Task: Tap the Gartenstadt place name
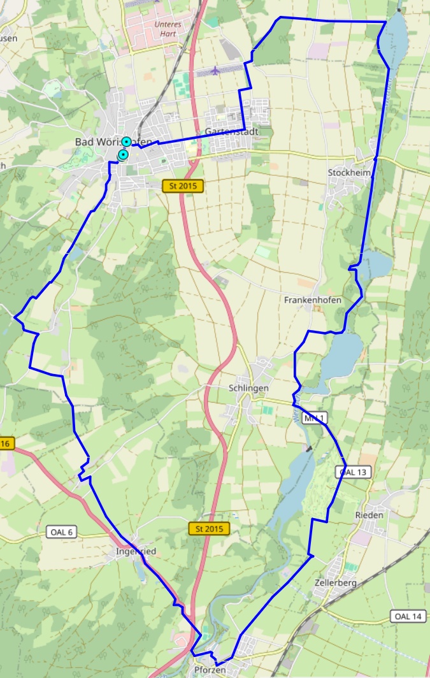pyautogui.click(x=231, y=132)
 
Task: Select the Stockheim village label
pyautogui.click(x=349, y=173)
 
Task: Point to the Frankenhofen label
pyautogui.click(x=313, y=300)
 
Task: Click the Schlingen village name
pyautogui.click(x=248, y=388)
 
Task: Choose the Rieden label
pyautogui.click(x=369, y=515)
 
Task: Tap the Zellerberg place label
pyautogui.click(x=335, y=582)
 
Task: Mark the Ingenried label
pyautogui.click(x=136, y=551)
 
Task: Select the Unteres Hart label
pyautogui.click(x=168, y=29)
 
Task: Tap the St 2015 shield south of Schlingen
pyautogui.click(x=209, y=529)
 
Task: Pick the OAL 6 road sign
pyautogui.click(x=62, y=532)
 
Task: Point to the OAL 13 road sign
pyautogui.click(x=354, y=472)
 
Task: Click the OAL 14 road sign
pyautogui.click(x=408, y=616)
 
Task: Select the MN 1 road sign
pyautogui.click(x=315, y=419)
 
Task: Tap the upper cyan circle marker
pyautogui.click(x=127, y=141)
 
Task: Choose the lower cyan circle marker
pyautogui.click(x=123, y=155)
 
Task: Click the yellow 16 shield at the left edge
pyautogui.click(x=6, y=444)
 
